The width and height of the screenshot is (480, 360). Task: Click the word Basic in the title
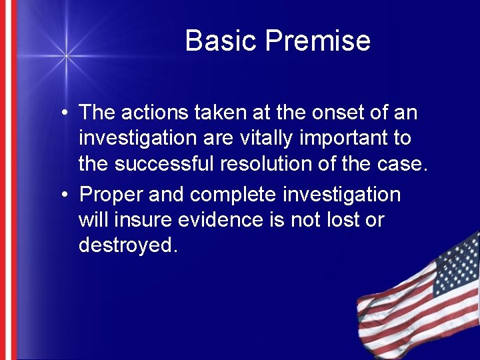click(222, 41)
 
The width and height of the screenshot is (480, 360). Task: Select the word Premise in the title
click(318, 41)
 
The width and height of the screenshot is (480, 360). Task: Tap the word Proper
click(111, 195)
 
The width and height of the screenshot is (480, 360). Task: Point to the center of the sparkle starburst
click(65, 56)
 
